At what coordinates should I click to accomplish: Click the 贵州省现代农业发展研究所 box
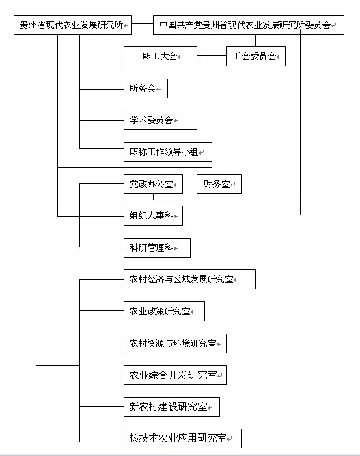coord(72,25)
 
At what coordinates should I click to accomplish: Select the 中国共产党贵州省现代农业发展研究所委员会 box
coord(249,25)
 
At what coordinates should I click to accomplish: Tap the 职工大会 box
coord(161,57)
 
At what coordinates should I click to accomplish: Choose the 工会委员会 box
coord(255,57)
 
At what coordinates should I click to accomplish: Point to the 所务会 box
coord(146,88)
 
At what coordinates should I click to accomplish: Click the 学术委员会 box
coord(161,120)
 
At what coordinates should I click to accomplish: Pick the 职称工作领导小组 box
coord(168,152)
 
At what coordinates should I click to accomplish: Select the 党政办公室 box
coord(153,184)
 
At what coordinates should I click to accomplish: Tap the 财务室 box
coord(219,184)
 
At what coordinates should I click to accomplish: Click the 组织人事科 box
coord(153,215)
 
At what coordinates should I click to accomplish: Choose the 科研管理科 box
coord(157,247)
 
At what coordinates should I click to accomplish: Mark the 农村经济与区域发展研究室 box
coord(190,279)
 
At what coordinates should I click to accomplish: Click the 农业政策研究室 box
coord(164,312)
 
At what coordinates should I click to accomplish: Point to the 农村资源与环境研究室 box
coord(175,343)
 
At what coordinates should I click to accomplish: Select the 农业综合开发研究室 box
coord(175,375)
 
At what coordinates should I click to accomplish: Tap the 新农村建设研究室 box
coord(171,407)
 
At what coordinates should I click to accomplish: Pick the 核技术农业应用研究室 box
coord(182,438)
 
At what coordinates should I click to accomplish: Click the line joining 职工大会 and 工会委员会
coord(212,56)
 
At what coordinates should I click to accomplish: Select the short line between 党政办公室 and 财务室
coord(190,183)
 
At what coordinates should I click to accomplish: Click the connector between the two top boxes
coord(142,24)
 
